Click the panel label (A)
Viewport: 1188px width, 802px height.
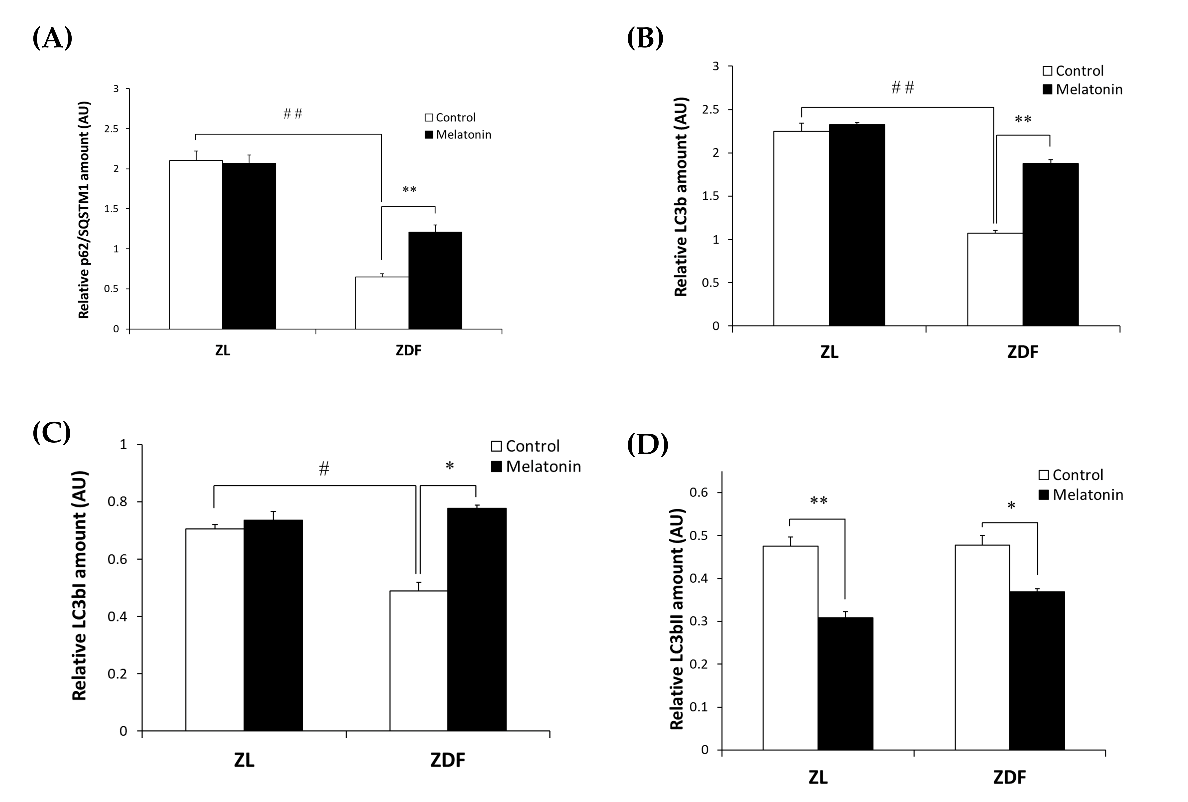[52, 38]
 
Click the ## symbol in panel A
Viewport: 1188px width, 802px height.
[293, 113]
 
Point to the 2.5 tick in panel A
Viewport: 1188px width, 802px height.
[111, 129]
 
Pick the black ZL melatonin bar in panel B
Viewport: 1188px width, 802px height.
[857, 225]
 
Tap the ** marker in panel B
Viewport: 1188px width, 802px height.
[1023, 120]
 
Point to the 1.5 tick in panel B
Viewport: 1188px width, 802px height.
[711, 196]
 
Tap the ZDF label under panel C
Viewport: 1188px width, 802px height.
[448, 761]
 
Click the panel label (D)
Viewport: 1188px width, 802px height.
[647, 444]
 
